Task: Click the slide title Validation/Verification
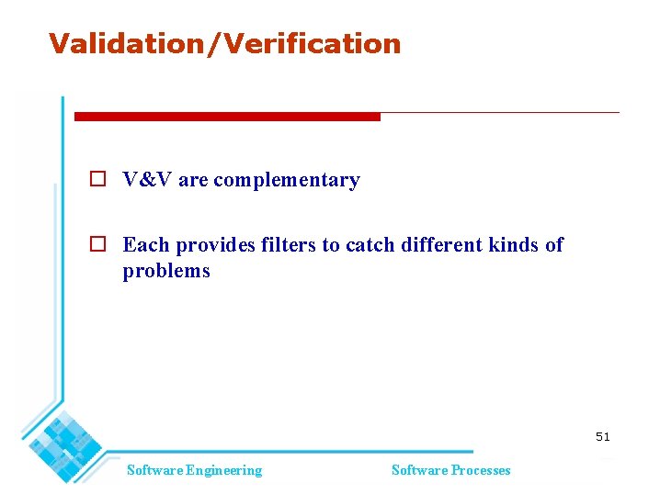(x=224, y=43)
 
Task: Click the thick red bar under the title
(x=226, y=117)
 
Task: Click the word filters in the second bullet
(x=288, y=244)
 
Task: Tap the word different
(x=438, y=244)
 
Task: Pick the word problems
(x=166, y=271)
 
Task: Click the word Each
(x=146, y=244)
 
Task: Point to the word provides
(x=216, y=245)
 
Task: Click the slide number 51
(x=602, y=437)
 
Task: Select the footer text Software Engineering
(x=194, y=470)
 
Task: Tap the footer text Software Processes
(x=450, y=470)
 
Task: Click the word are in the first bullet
(x=193, y=181)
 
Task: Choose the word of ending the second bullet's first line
(x=553, y=244)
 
